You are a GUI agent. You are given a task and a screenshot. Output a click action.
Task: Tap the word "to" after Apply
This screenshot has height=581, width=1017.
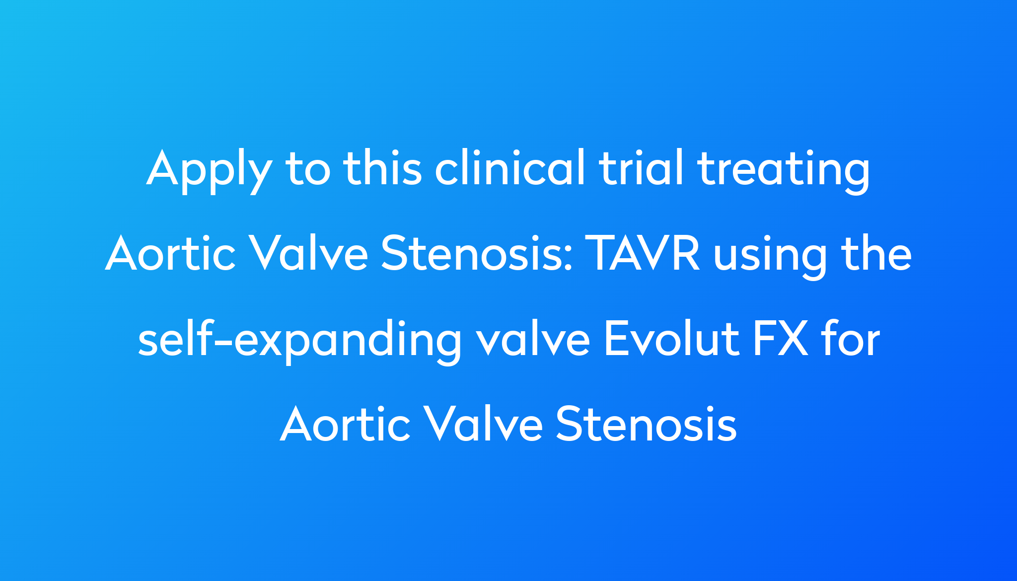[x=308, y=169]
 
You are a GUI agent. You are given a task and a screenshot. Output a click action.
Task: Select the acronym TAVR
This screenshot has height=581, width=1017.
[x=643, y=254]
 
